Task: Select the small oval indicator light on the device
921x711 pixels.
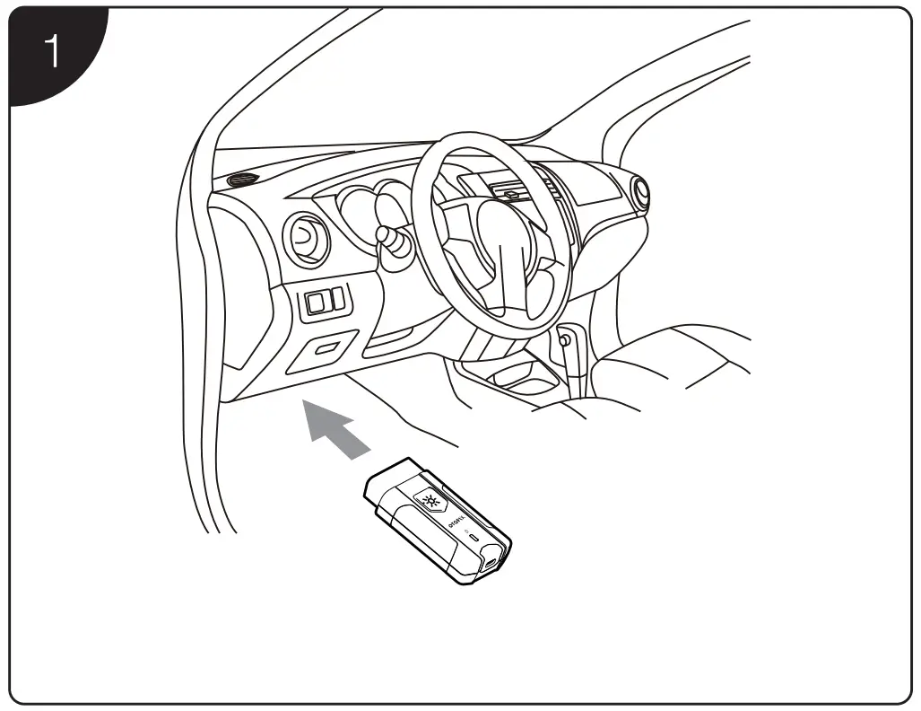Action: point(474,537)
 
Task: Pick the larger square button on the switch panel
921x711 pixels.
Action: point(317,303)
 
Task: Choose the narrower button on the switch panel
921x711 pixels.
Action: point(338,299)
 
